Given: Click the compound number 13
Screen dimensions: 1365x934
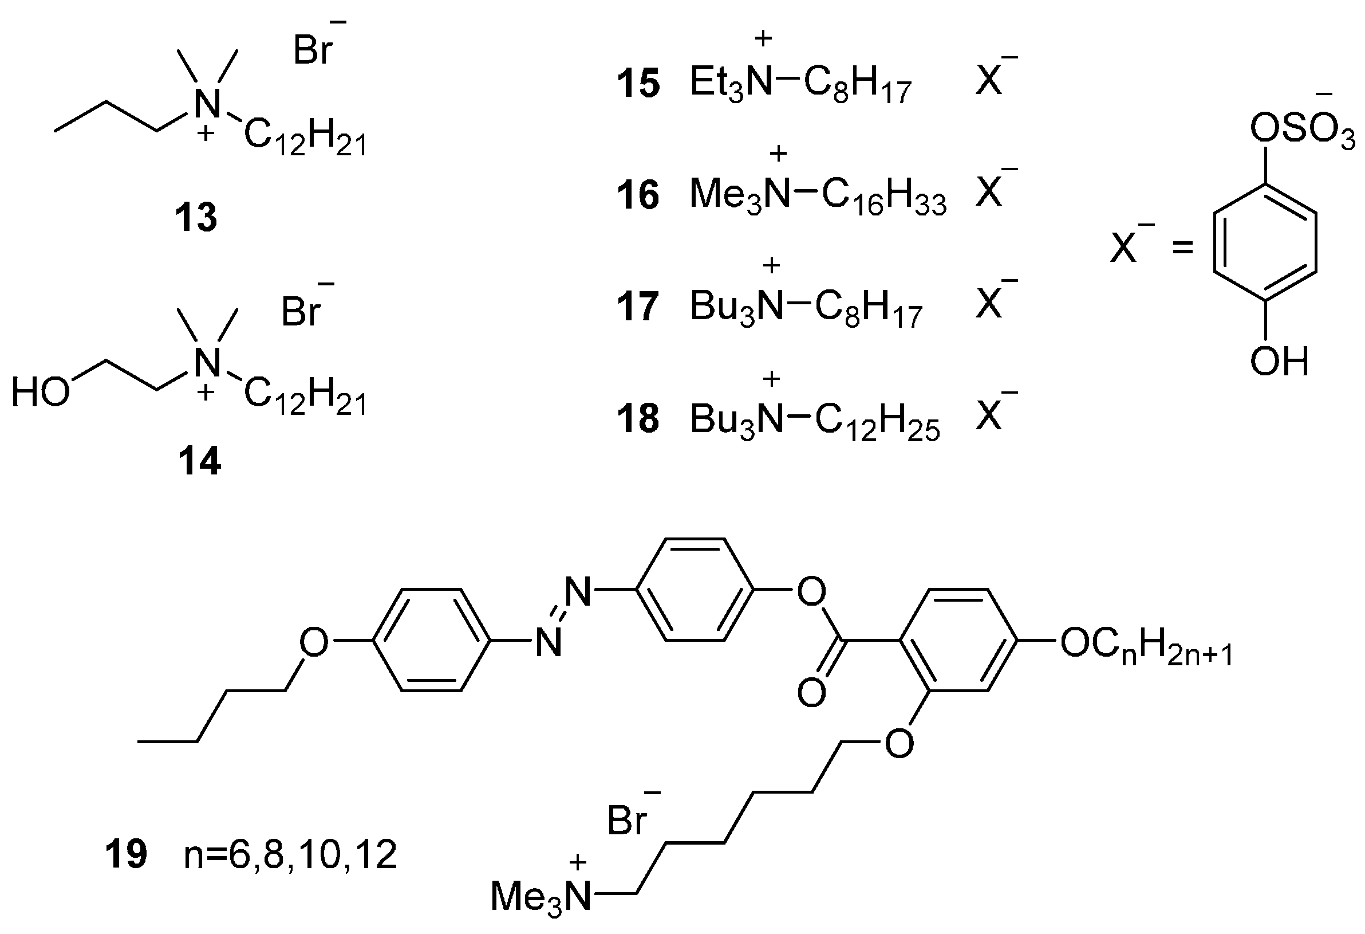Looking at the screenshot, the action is click(x=196, y=218).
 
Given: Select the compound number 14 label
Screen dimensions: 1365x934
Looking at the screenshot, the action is click(x=200, y=461).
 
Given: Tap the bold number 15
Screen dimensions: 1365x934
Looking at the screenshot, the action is click(x=638, y=84).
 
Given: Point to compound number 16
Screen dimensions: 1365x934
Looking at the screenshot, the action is click(x=638, y=196).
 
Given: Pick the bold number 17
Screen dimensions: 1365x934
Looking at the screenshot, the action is click(x=638, y=307).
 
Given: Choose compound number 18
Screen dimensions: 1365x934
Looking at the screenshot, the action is click(x=638, y=419).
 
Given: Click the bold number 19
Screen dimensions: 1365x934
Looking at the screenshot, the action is click(x=127, y=855).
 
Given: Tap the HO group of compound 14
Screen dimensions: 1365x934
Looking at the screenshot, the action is click(x=40, y=393).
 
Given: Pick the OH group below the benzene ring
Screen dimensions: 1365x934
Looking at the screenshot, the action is click(x=1280, y=361).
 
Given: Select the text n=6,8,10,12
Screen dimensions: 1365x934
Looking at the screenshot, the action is click(x=291, y=855).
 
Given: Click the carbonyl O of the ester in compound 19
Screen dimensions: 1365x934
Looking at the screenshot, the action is click(x=812, y=692).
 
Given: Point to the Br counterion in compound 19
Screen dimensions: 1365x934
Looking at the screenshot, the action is click(x=628, y=821).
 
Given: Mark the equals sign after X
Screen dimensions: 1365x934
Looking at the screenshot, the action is click(x=1183, y=248).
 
